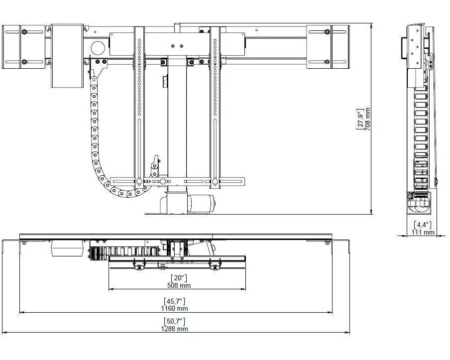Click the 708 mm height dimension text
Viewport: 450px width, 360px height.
click(368, 119)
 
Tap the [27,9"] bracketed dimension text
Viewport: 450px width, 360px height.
click(360, 119)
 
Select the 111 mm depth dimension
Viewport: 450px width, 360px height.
click(423, 232)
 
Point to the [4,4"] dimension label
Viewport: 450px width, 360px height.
click(423, 225)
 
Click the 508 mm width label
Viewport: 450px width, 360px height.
click(179, 285)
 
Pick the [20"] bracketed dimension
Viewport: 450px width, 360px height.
click(179, 278)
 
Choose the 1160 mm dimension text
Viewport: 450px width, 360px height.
click(175, 309)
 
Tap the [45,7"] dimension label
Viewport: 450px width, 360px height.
click(175, 301)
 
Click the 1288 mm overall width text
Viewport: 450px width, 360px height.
click(175, 329)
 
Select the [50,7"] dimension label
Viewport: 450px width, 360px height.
click(175, 321)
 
